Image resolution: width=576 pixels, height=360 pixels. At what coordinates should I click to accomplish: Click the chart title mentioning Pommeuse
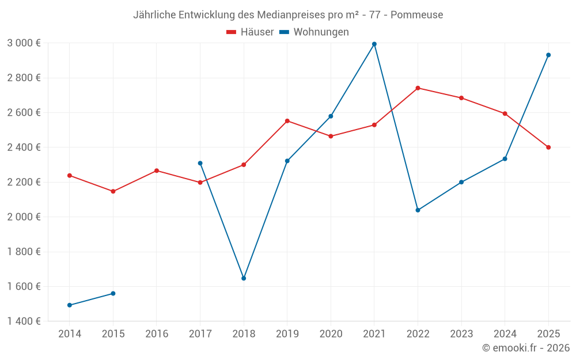pos(288,14)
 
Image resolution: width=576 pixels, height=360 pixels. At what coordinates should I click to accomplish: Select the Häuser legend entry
pos(250,32)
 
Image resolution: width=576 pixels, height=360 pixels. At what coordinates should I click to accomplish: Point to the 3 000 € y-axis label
pos(24,43)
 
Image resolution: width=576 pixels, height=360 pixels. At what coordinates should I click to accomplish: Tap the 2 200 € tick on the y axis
pos(24,182)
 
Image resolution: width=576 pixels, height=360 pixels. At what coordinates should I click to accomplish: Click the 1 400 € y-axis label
pos(24,321)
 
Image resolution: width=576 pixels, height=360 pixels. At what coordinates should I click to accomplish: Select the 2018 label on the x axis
pos(244,334)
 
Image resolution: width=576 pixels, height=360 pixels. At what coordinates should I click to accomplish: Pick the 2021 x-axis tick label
pos(374,334)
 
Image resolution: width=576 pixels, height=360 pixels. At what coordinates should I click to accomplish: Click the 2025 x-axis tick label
pos(548,334)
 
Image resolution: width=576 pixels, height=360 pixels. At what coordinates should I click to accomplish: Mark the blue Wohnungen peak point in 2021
pos(374,44)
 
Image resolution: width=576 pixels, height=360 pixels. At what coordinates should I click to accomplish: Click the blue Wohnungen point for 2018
pos(244,278)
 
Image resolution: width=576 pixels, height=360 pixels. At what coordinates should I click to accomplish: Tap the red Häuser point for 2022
pos(418,88)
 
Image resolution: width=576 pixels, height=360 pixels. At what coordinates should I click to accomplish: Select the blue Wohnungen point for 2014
pos(70,305)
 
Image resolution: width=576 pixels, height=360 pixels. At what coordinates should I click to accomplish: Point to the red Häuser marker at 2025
pos(548,147)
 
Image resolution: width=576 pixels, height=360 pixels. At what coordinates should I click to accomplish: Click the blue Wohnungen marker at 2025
pos(548,55)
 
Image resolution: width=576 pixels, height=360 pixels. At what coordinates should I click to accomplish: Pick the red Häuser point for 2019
pos(287,121)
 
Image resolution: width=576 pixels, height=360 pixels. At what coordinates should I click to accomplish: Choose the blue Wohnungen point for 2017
pos(200,163)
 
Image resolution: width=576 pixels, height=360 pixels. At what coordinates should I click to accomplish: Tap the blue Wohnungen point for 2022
pos(418,210)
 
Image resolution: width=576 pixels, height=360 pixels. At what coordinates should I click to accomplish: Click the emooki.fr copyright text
pos(525,348)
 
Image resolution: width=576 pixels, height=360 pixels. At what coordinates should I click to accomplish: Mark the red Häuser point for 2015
pos(113,191)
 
